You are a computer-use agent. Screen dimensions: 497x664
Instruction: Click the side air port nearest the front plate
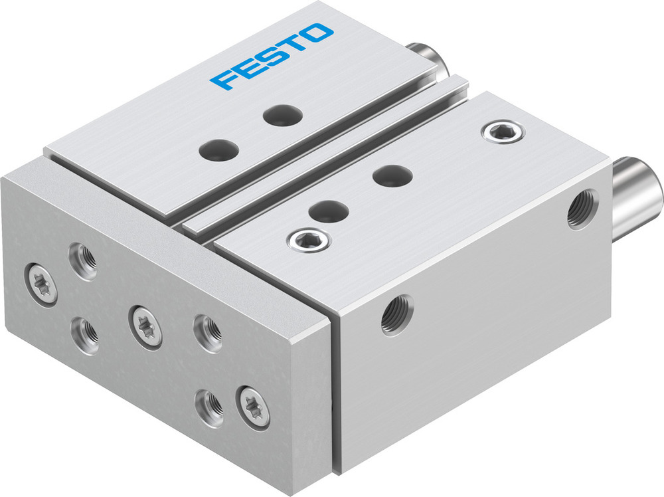click(396, 314)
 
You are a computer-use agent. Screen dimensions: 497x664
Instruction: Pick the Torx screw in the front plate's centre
click(145, 324)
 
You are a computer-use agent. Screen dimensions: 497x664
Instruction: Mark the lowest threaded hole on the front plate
click(208, 401)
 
